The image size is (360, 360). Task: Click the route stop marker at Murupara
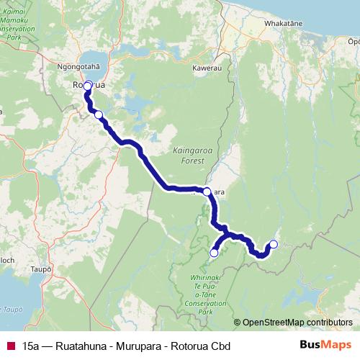pos(207,192)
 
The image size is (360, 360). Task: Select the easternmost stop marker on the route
pos(273,244)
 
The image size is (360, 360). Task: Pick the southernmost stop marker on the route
pos(214,253)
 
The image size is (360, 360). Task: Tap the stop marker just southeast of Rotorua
pos(99,114)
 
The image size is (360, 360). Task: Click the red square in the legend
pos(10,346)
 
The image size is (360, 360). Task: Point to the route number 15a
pos(31,346)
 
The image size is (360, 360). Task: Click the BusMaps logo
pos(325,346)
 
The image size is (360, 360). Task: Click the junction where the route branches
pos(225,233)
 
